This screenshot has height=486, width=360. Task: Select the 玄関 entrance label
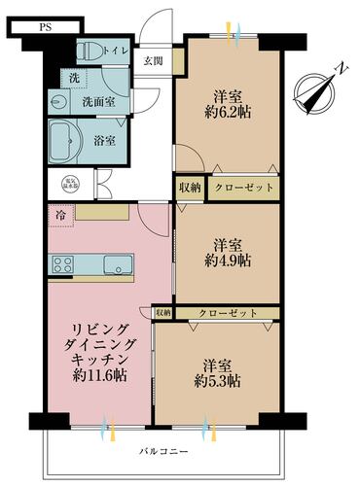pos(154,62)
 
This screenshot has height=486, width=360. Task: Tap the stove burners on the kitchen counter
pos(65,263)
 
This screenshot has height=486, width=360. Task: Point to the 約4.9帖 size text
pos(231,261)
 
